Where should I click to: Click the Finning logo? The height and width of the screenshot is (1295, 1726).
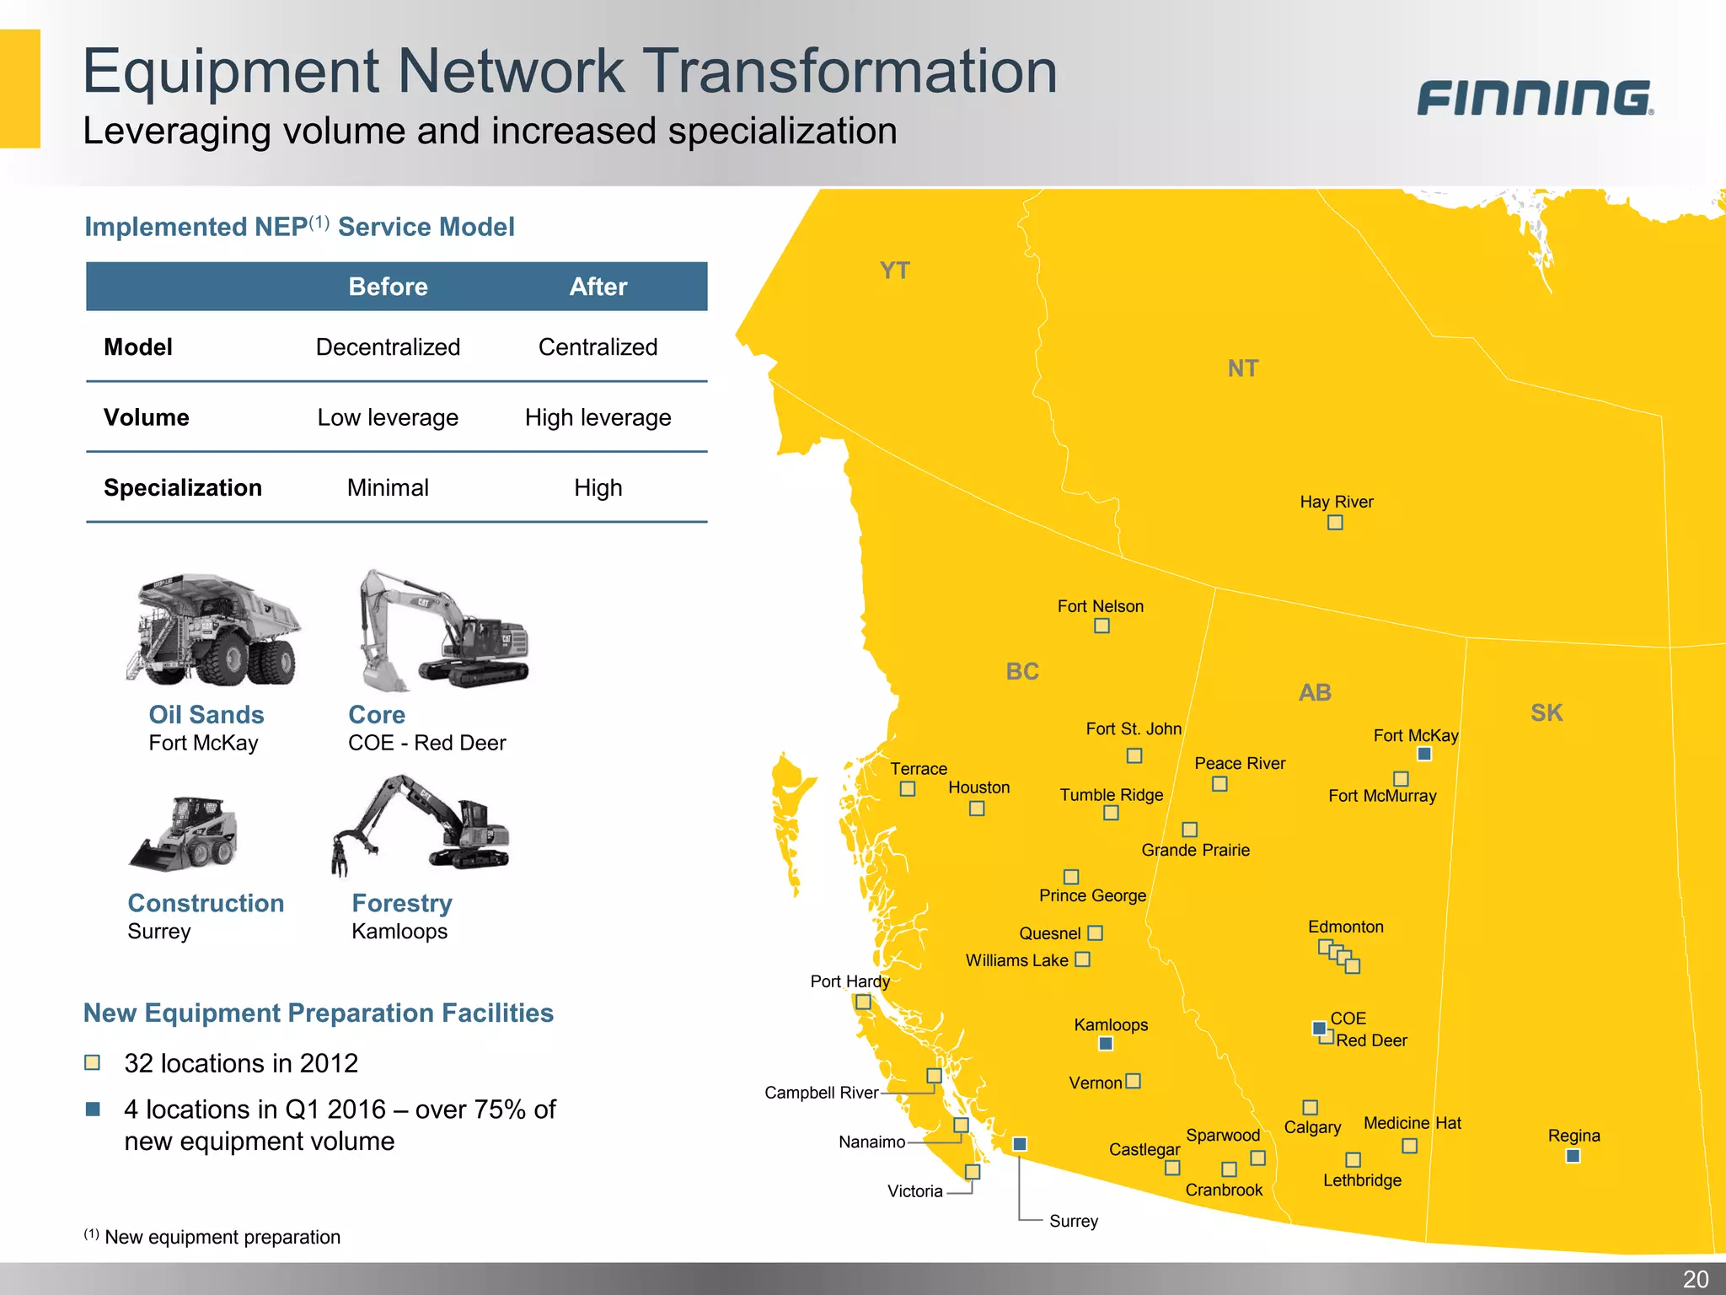[1535, 98]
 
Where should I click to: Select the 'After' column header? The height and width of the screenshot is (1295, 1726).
[598, 287]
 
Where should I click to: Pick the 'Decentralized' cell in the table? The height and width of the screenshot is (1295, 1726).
[388, 347]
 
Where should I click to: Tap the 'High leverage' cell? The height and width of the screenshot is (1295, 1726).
[598, 417]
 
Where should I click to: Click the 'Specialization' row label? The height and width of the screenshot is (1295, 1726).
[183, 487]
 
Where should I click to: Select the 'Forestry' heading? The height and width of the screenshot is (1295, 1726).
[402, 903]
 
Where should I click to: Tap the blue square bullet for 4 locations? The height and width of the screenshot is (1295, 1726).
[93, 1109]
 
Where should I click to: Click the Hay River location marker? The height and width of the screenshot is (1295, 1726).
[1335, 523]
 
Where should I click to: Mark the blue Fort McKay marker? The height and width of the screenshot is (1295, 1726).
[1424, 754]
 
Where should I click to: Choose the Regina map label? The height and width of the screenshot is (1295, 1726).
[1573, 1136]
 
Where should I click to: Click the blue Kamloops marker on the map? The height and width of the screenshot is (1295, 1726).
[1106, 1044]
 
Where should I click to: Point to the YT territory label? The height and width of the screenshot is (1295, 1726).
[894, 271]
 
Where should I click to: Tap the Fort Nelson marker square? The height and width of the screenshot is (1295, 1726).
[1102, 626]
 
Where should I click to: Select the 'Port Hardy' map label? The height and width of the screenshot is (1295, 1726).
[850, 981]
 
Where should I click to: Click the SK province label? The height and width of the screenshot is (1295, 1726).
[1546, 713]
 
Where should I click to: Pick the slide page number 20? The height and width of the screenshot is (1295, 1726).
[1695, 1279]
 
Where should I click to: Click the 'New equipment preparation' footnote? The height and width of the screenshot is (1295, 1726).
[222, 1237]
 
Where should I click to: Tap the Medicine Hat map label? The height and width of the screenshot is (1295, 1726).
[1412, 1123]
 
